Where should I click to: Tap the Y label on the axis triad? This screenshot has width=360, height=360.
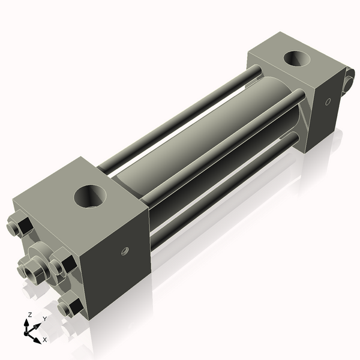[44, 318]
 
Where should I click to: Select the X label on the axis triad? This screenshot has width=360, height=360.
[44, 340]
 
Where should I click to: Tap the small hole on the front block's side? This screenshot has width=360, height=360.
[125, 250]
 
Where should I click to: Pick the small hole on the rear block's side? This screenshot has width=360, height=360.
[327, 101]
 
